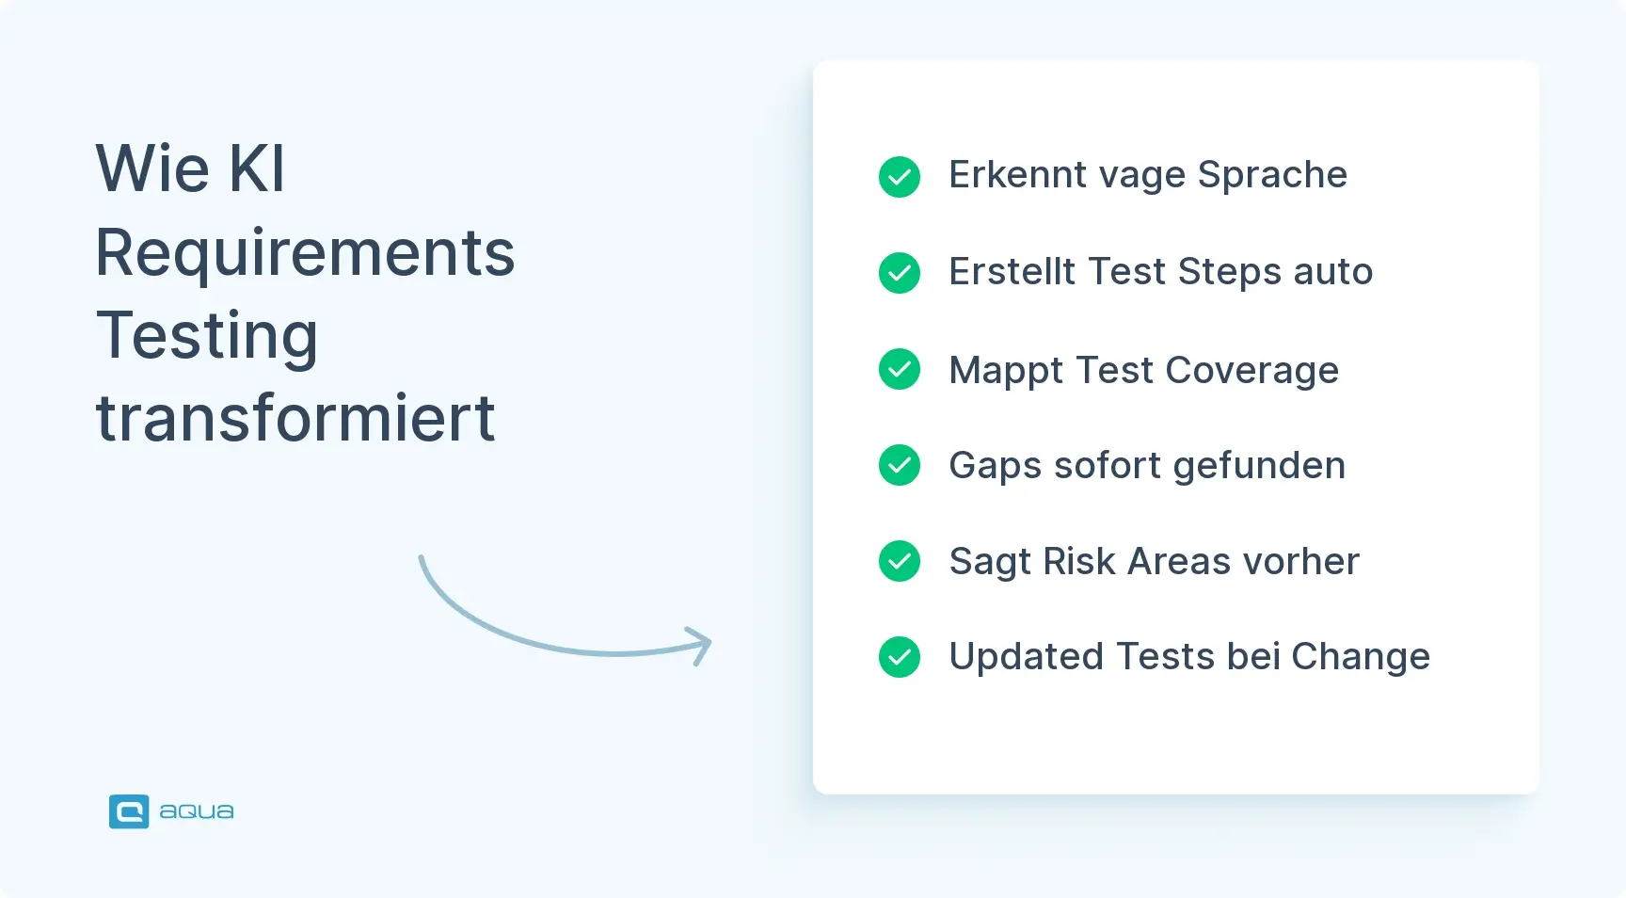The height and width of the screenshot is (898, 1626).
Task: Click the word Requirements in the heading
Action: click(x=305, y=254)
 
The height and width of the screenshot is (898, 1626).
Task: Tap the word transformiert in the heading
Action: click(x=295, y=418)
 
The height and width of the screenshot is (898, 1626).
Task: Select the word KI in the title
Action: click(x=256, y=169)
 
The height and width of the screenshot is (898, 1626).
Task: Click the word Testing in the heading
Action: click(x=207, y=337)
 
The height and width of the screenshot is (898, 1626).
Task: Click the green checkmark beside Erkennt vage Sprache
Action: click(x=900, y=177)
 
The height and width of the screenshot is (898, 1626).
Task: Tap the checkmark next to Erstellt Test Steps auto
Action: click(x=900, y=273)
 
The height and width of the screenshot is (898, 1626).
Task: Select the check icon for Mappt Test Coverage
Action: click(x=900, y=369)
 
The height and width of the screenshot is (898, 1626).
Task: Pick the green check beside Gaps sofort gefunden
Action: click(x=900, y=465)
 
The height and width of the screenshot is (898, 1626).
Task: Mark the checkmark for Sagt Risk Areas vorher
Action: click(x=900, y=561)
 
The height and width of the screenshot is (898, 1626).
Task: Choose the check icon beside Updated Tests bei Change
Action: click(x=900, y=657)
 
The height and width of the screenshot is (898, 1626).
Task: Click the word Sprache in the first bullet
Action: click(x=1272, y=176)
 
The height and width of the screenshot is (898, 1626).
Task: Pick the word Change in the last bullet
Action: click(x=1361, y=657)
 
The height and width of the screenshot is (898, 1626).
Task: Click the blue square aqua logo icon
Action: click(x=129, y=811)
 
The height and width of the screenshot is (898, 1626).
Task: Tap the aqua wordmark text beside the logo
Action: click(x=197, y=811)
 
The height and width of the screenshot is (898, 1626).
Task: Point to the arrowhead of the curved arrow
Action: click(x=704, y=645)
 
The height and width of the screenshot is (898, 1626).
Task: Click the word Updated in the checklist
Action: click(x=1026, y=657)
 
